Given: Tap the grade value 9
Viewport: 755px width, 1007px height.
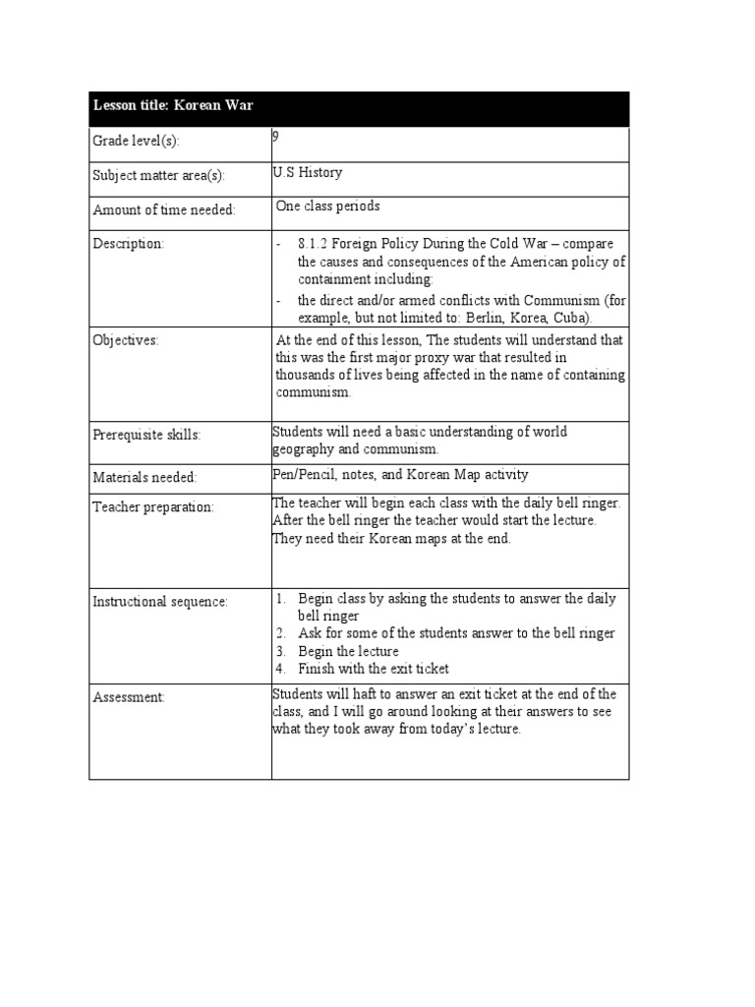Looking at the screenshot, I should [276, 138].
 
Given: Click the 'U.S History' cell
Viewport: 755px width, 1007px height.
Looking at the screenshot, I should [308, 173].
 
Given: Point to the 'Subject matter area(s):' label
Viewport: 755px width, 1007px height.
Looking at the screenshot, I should [158, 176].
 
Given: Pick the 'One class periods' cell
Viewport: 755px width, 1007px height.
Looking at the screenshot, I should [327, 207].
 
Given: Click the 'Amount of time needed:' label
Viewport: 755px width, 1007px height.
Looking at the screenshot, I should [163, 210].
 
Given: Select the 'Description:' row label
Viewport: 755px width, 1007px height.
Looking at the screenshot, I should [128, 243].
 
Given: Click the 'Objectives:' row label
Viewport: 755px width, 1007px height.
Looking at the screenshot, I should [125, 340].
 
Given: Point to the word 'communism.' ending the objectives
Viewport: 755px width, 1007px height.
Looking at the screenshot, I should [314, 391].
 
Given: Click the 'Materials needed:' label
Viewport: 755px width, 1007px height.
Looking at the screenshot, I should [145, 477].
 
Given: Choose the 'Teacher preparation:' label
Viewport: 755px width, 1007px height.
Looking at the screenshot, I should [152, 506].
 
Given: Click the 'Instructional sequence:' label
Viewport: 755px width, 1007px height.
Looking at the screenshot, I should [159, 601].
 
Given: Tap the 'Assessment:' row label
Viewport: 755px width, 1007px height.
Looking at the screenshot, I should [129, 697].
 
